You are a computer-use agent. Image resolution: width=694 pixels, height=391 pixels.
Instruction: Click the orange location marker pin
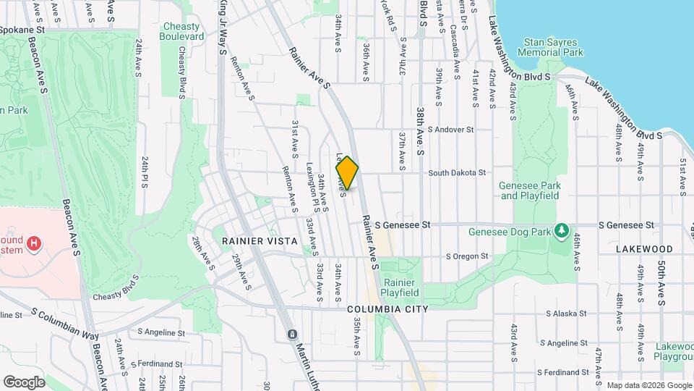click(348, 173)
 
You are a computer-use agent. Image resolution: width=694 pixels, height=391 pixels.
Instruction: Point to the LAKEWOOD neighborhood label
click(644, 248)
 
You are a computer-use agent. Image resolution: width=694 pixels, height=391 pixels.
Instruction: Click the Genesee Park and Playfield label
click(530, 190)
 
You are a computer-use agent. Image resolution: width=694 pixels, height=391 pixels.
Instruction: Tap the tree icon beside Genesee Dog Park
click(560, 231)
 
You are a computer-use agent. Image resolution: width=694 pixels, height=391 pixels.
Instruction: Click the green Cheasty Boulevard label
click(181, 31)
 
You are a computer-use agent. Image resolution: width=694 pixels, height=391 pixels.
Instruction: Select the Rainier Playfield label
click(401, 287)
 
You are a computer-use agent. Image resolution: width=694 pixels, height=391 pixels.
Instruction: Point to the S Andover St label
click(450, 130)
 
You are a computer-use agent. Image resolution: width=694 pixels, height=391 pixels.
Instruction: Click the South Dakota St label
click(455, 173)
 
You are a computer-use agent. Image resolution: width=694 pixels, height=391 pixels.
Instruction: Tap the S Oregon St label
click(467, 256)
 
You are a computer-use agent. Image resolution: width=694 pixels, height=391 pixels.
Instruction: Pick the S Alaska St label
click(569, 314)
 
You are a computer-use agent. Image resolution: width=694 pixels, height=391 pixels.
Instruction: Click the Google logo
click(25, 382)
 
